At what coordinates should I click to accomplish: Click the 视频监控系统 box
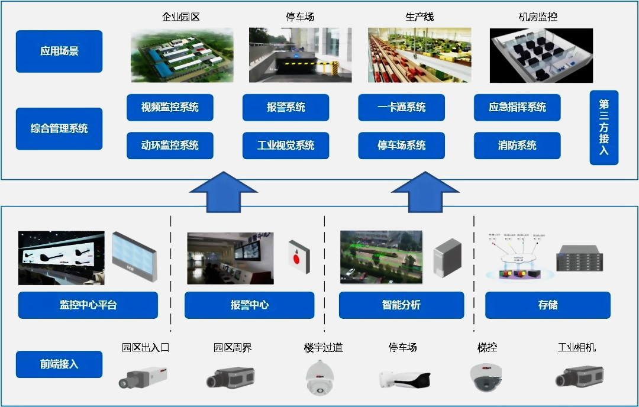coord(170,108)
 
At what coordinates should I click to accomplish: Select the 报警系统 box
coord(286,108)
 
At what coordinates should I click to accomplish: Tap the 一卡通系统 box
coord(401,108)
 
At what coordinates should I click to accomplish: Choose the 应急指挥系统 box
coord(517,108)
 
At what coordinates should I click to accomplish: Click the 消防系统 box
coord(517,146)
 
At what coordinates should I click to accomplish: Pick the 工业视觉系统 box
coord(286,146)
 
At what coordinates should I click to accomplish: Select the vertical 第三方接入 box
coord(604,127)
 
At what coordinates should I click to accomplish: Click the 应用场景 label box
coord(59,51)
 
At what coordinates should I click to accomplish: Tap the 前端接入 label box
coord(59,364)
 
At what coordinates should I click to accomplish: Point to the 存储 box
coord(548,305)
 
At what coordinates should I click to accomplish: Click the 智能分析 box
coord(401,305)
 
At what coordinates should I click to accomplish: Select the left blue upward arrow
coord(223,192)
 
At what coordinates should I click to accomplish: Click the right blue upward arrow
coord(425,192)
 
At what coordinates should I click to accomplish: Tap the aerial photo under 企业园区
coord(182,55)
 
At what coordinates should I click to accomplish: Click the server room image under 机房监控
coord(541,55)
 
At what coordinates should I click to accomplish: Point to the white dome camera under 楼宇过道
coord(320,377)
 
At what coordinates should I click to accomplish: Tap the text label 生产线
coord(419,17)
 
